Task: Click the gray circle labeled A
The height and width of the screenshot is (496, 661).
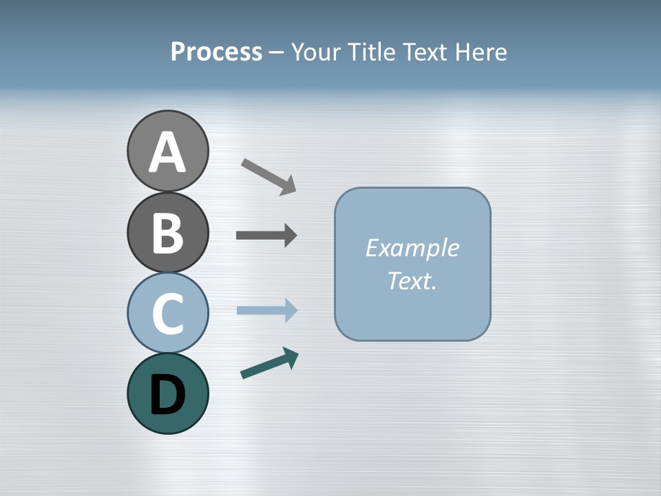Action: (x=167, y=151)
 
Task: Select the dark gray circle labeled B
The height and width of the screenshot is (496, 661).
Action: (x=167, y=232)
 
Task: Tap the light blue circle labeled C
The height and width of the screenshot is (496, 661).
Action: (x=167, y=313)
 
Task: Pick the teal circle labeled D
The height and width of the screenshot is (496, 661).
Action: (x=167, y=393)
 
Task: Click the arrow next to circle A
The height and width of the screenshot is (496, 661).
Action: (x=269, y=176)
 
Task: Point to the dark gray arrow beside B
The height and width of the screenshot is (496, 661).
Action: (x=266, y=236)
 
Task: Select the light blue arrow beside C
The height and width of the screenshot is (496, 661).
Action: (x=266, y=310)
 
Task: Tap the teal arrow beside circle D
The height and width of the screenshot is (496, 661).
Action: (x=269, y=363)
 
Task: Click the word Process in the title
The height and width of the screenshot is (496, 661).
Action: (x=216, y=52)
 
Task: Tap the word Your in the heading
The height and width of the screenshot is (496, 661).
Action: (x=316, y=52)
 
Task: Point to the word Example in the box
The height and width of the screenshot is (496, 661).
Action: (x=412, y=248)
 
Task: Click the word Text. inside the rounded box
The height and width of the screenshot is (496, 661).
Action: (x=412, y=280)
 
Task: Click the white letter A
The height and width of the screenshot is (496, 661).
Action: (x=167, y=153)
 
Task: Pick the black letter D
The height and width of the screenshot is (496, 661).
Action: (x=167, y=395)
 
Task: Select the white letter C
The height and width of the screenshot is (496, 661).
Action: (x=167, y=314)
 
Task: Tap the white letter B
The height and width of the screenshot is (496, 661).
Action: (x=167, y=234)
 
